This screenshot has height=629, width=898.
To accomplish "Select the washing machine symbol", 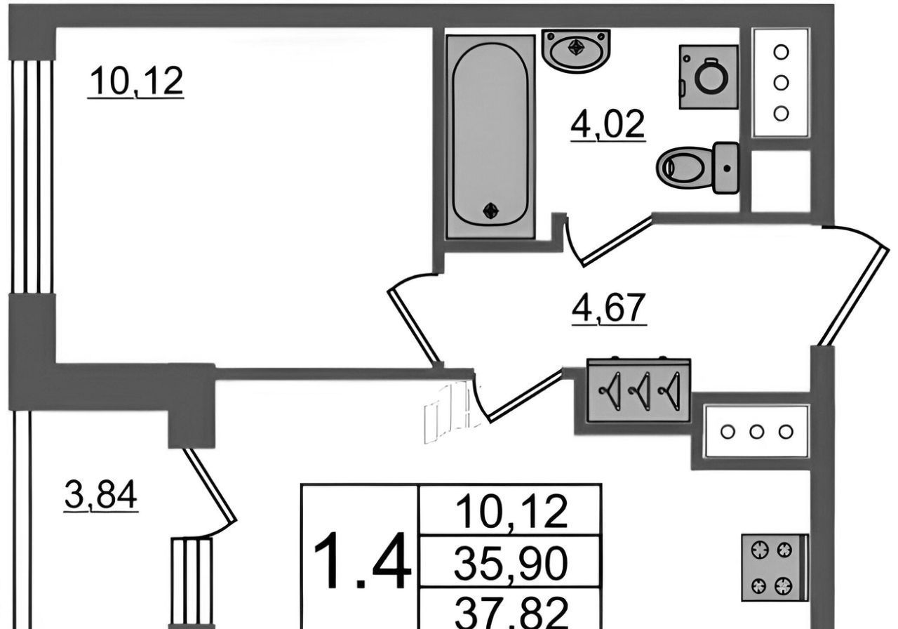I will pyautogui.click(x=709, y=77).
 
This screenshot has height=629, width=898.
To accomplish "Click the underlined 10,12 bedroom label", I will pyautogui.click(x=136, y=83).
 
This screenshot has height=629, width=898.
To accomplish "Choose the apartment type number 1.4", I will pyautogui.click(x=361, y=562).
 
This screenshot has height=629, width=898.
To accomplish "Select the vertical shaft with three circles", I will pyautogui.click(x=781, y=82).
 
